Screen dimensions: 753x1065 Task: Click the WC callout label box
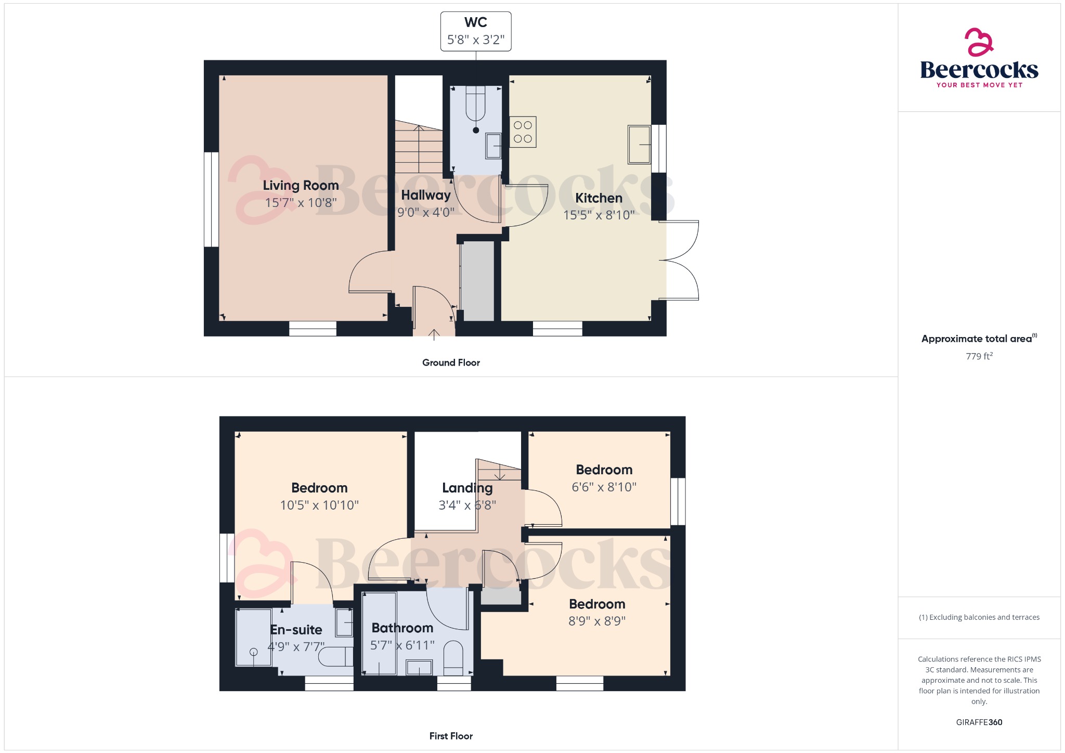(476, 31)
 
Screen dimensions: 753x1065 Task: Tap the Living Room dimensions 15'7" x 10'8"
(301, 203)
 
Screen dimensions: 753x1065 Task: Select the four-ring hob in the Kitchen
(523, 132)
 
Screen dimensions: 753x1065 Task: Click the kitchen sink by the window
(639, 144)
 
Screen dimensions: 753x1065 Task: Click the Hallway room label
(426, 195)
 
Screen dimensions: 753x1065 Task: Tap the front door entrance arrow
(434, 334)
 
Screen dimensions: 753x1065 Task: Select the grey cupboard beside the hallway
(478, 281)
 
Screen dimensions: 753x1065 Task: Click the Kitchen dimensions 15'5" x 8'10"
(599, 215)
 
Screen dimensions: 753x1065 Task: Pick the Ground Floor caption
(451, 362)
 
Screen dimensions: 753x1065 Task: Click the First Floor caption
(451, 736)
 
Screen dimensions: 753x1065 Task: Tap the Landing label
(467, 488)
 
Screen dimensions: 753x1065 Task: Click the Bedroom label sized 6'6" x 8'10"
(604, 470)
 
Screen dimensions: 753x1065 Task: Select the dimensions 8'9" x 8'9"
(597, 621)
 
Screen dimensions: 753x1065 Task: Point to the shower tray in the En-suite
(253, 638)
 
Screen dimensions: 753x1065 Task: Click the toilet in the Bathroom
(453, 658)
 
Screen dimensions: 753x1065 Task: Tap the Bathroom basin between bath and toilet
(419, 667)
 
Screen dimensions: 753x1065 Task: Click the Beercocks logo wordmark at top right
(979, 70)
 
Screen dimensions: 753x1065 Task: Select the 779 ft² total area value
(979, 356)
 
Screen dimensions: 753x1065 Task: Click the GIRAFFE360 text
(979, 722)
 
